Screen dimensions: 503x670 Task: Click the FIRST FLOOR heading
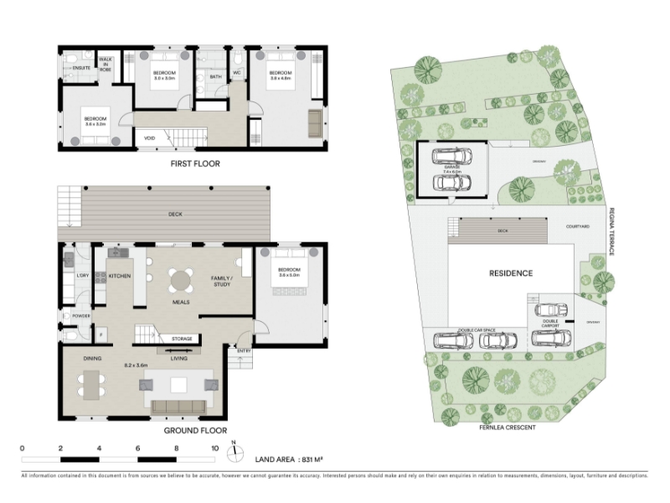194,163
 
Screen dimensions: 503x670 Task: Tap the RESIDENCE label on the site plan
511,273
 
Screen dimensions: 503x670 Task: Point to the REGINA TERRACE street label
612,231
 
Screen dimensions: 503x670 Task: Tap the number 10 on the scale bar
214,449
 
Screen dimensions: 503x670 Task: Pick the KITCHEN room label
120,275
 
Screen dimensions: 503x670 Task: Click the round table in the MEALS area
181,279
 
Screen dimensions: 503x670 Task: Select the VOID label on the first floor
150,137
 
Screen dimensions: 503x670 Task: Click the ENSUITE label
81,66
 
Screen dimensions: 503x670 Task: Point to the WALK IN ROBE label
106,65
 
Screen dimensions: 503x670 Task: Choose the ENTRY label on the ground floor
244,350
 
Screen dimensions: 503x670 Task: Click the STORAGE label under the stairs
182,339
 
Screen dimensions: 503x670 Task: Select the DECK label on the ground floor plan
175,214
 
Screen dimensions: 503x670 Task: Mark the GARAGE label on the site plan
452,169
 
